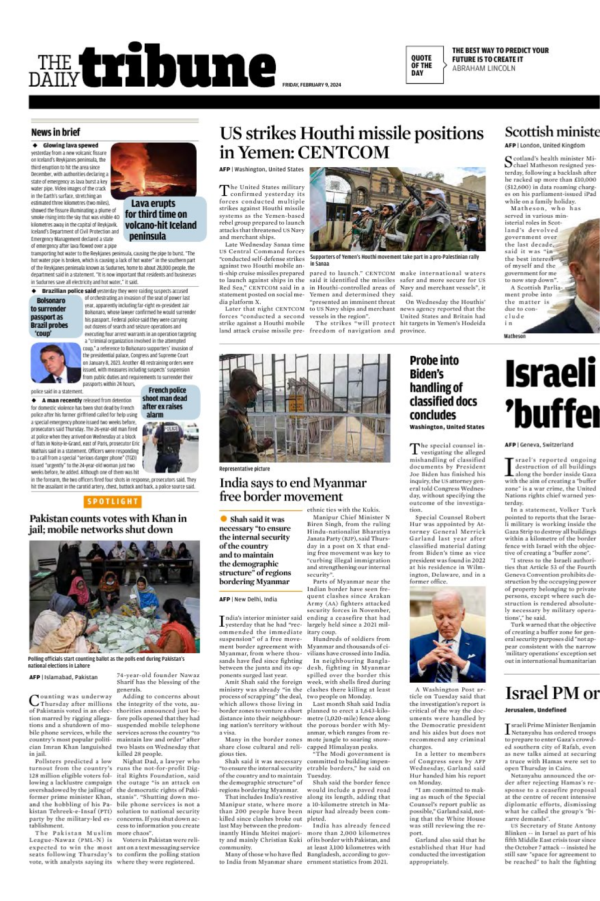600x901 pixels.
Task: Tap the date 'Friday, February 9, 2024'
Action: (x=311, y=85)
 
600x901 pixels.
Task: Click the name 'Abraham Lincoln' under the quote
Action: (x=483, y=69)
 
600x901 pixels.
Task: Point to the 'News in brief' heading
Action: (x=56, y=132)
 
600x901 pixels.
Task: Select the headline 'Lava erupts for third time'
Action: (x=161, y=220)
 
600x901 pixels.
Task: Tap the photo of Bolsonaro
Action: (x=56, y=363)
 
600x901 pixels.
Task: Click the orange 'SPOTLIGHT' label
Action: (x=112, y=502)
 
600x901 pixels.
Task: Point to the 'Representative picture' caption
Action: (x=244, y=469)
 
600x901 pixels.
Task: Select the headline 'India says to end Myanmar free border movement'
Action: (x=293, y=490)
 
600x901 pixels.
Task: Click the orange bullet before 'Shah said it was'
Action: (x=223, y=519)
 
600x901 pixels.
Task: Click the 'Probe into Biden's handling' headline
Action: (x=442, y=387)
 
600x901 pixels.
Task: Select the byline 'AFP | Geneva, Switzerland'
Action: (x=538, y=444)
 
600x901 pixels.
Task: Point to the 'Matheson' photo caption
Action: (x=514, y=336)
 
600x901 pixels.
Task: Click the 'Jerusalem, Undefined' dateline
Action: (x=535, y=710)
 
